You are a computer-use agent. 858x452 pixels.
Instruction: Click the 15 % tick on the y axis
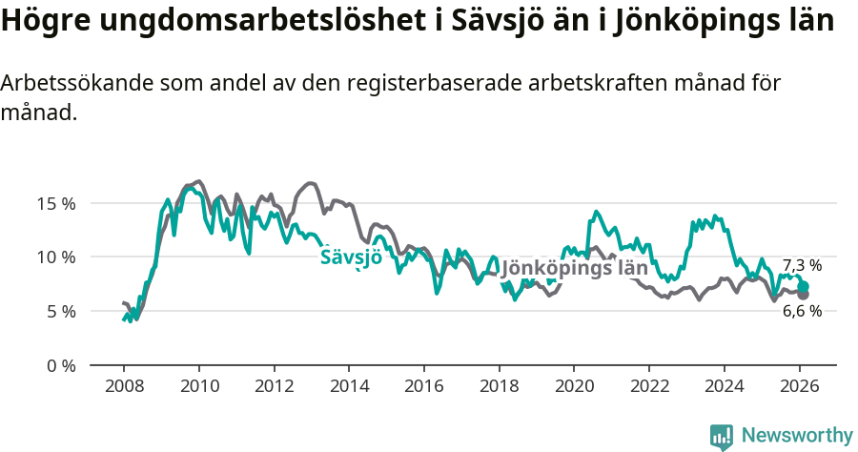point(55,203)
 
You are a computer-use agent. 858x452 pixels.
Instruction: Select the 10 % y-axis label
point(55,257)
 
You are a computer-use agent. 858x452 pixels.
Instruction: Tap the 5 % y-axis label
point(59,312)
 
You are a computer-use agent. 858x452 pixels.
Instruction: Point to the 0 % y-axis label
point(59,366)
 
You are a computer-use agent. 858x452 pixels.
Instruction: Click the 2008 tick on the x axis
point(124,386)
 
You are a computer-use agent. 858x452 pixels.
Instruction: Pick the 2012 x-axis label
point(274,386)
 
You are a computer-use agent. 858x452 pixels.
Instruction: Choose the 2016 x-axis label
point(424,386)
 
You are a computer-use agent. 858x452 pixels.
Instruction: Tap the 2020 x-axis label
point(574,386)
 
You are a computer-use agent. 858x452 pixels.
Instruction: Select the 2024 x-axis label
point(724,386)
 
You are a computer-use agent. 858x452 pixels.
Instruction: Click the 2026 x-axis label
point(799,386)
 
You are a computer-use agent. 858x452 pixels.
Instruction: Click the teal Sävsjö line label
point(351,257)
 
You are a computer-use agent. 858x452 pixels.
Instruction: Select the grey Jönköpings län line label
point(574,268)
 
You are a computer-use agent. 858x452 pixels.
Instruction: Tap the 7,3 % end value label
point(802,266)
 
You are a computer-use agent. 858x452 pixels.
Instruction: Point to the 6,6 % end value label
point(802,311)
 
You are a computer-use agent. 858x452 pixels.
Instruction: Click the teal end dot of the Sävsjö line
point(804,286)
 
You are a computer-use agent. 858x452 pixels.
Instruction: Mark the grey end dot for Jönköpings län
point(804,295)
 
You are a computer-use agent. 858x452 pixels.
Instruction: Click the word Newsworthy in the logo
point(797,436)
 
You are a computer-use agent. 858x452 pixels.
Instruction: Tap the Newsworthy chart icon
point(722,437)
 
